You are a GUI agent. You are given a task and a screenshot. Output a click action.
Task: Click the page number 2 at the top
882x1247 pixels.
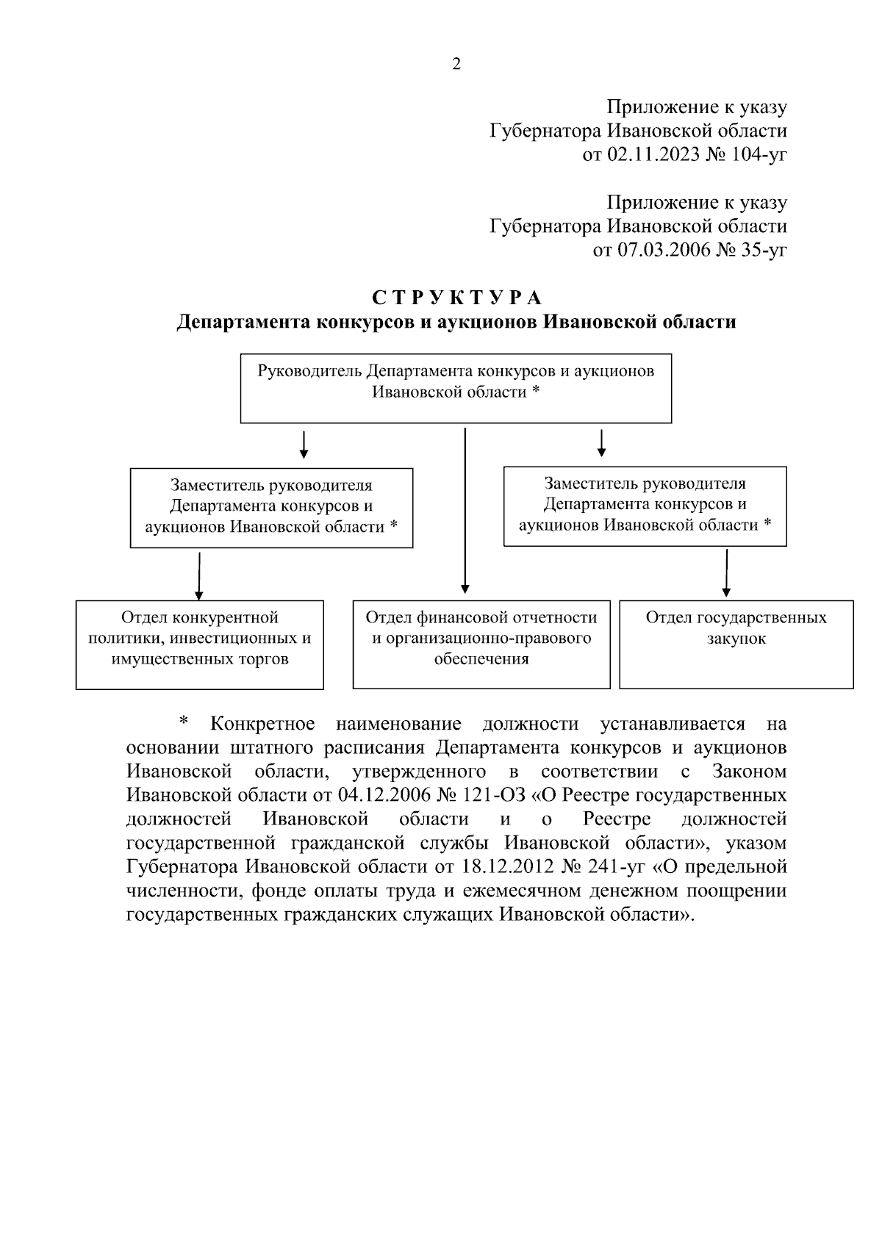[456, 64]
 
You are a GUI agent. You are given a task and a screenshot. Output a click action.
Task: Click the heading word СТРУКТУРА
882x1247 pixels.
[456, 298]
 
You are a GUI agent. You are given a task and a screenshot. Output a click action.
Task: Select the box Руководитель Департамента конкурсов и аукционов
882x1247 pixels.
[456, 389]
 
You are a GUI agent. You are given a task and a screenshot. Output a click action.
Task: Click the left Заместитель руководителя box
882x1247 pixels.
[271, 508]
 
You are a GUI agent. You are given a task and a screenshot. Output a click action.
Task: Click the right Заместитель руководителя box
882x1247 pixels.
[645, 506]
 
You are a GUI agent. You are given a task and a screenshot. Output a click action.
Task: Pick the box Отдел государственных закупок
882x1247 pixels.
[736, 644]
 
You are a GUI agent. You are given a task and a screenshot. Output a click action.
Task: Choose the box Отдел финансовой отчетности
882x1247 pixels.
[481, 644]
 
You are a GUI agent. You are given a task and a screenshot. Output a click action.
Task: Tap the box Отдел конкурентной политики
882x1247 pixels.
[199, 644]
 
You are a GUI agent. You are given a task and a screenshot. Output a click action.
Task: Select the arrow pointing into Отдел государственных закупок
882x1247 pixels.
[726, 573]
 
